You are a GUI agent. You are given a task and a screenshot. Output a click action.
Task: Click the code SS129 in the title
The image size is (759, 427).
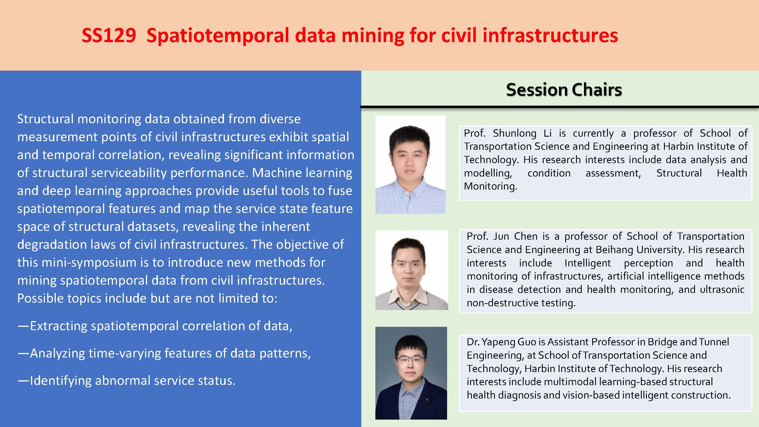[109, 36]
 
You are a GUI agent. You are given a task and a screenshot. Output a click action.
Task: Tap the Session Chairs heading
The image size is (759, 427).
[564, 90]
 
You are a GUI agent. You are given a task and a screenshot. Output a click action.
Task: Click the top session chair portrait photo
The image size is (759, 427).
[410, 165]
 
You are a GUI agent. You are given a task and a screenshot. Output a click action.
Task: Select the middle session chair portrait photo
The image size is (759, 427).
[412, 270]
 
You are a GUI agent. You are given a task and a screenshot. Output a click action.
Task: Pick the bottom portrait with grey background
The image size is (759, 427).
[411, 373]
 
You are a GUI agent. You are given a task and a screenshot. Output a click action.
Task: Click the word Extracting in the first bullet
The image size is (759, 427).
[59, 326]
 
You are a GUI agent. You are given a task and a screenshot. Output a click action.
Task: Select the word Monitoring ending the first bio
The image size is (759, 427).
[491, 186]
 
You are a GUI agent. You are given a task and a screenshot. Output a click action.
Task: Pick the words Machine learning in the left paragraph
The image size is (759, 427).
[302, 173]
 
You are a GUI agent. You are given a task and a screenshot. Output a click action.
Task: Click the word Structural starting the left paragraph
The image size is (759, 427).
[45, 119]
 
